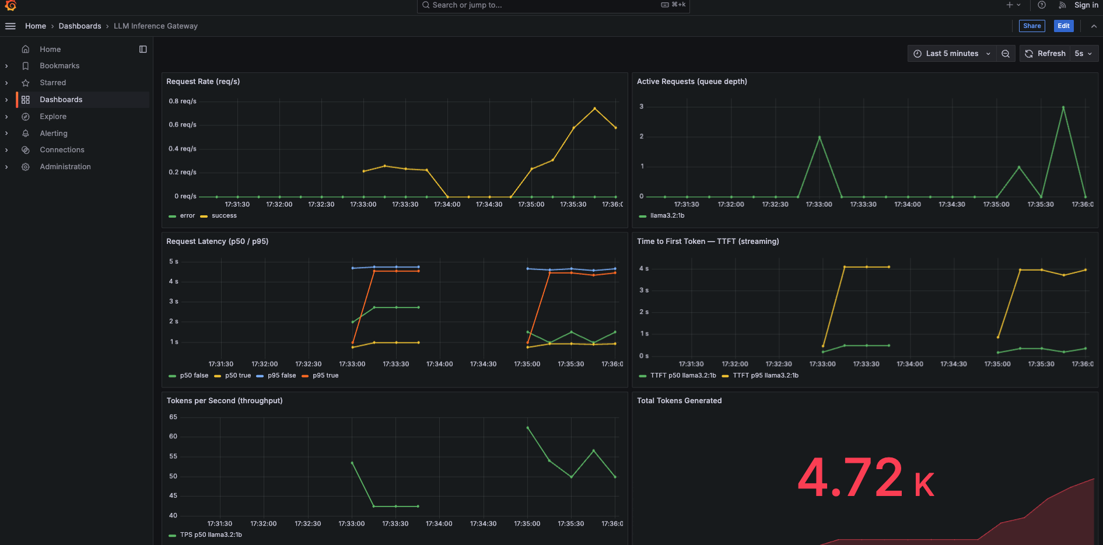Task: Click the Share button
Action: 1032,26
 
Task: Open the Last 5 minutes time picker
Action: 951,54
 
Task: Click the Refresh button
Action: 1045,54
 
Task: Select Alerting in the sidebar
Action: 54,133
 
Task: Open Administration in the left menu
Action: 65,167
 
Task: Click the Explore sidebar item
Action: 53,117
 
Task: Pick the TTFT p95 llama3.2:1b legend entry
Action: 760,376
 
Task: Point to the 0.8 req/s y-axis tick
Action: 183,101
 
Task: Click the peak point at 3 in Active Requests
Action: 1063,107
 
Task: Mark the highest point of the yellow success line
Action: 594,109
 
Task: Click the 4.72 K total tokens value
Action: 866,478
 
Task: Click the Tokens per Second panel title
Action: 225,401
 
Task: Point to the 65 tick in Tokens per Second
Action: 173,417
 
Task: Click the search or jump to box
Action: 554,6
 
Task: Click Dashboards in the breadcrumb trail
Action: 80,26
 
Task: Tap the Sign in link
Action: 1086,5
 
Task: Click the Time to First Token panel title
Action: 708,242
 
